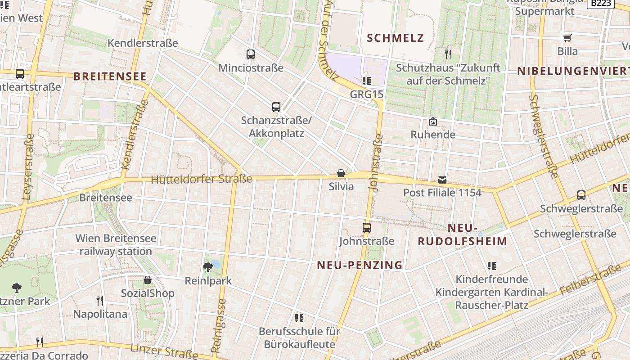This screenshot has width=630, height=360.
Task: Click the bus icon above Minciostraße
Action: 251,54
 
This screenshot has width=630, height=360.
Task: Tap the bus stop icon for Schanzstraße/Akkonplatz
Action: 276,107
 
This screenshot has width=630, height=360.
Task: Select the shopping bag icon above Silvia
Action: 341,173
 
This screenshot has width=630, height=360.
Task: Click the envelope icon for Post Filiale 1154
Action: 442,180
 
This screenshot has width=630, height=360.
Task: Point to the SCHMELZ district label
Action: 396,38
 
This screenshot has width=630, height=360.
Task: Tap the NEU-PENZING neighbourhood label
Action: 360,265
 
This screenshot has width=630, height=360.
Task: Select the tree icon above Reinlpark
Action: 208,267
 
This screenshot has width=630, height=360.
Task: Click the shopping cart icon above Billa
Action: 567,38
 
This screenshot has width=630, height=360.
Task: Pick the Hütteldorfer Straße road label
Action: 202,180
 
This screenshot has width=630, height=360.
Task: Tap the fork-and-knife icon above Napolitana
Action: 100,300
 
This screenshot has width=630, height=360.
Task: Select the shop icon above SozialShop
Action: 147,280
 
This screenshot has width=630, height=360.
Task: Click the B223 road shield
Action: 601,3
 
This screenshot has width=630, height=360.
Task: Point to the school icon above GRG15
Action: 367,81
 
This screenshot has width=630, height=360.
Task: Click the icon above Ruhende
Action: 433,121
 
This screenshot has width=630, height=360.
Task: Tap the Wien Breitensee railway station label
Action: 116,245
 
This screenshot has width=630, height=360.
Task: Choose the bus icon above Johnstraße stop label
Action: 367,227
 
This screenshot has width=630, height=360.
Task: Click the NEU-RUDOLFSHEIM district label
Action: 462,234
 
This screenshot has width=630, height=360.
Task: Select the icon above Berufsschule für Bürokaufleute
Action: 299,318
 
